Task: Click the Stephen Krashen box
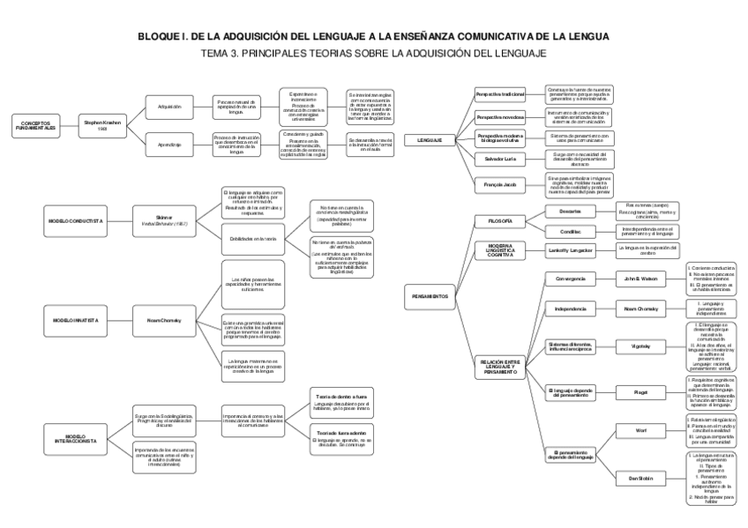pos(103,125)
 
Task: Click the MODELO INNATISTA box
pos(73,321)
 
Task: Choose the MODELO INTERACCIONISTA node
pos(73,437)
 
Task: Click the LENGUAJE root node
pos(430,139)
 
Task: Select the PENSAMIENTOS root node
pos(430,296)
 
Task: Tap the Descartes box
pos(570,212)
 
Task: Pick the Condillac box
pos(570,232)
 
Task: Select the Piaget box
pos(642,390)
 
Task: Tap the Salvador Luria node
pos(500,159)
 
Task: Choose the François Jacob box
pos(500,185)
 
